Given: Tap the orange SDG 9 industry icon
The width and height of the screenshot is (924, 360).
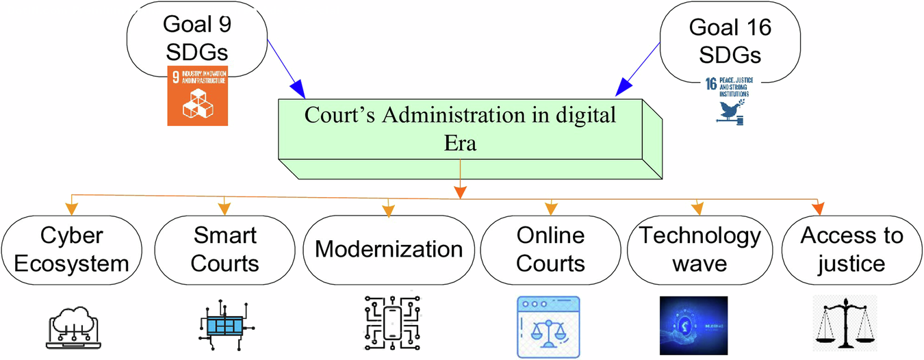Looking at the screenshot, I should tap(197, 96).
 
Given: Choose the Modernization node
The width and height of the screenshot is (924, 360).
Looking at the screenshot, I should tap(389, 249).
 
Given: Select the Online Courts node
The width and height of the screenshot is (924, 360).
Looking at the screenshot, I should tap(551, 249).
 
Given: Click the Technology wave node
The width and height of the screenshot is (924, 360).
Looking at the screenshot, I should tap(700, 249).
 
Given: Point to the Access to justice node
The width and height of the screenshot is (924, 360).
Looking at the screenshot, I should tap(852, 249).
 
